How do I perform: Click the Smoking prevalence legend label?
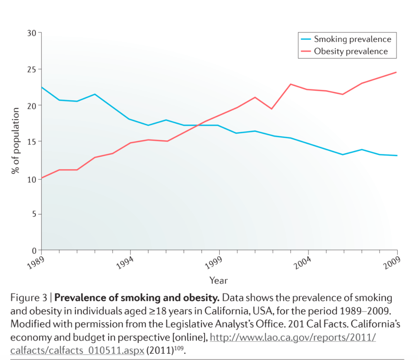352,39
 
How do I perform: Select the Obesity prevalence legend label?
350,51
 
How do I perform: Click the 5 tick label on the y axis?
34,214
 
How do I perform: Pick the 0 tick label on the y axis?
34,250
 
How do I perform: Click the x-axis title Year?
219,280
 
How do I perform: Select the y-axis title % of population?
15,141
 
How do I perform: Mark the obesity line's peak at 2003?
291,84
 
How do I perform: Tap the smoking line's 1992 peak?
94,94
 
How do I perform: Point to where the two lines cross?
197,125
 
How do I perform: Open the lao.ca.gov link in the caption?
293,338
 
